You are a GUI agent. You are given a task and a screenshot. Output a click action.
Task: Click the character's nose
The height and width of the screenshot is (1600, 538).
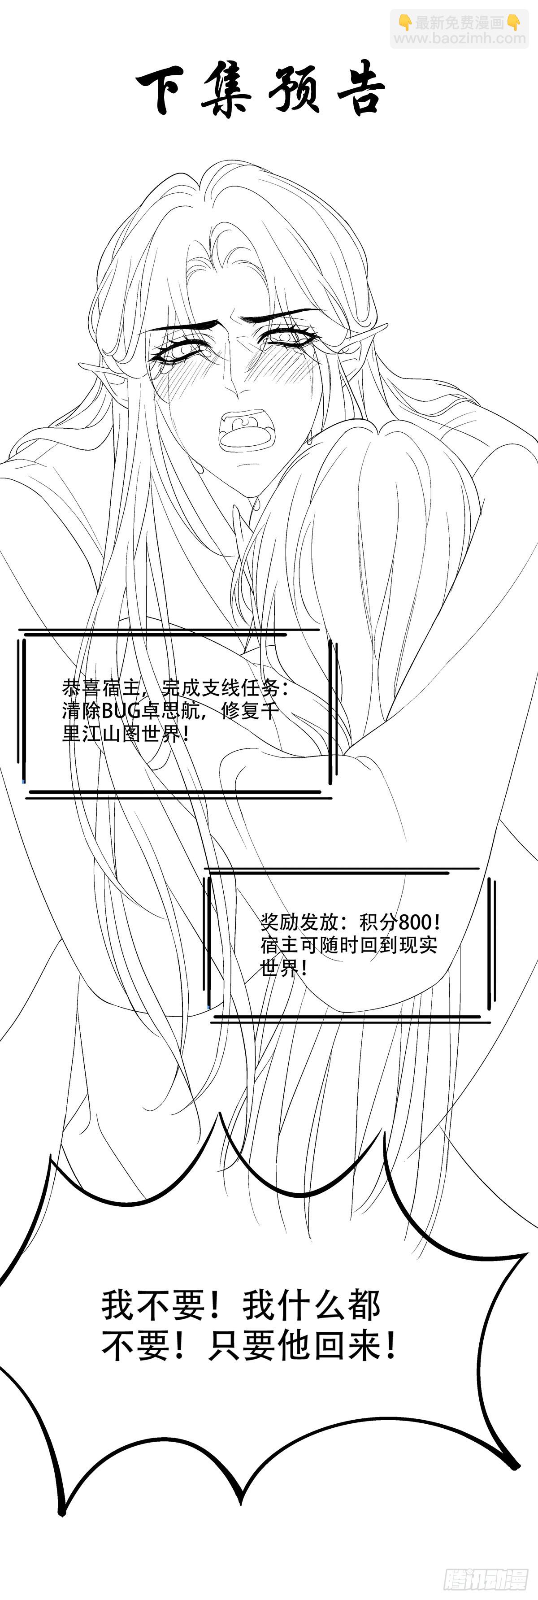coord(235,389)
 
